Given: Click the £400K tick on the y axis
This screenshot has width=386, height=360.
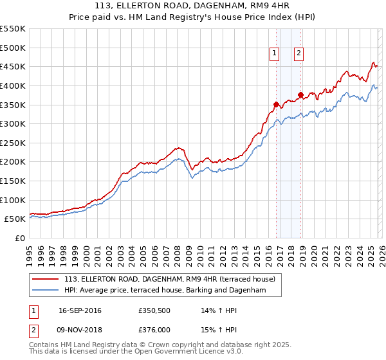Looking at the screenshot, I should pos(13,85).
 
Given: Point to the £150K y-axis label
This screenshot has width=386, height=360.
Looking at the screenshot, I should pos(13,181).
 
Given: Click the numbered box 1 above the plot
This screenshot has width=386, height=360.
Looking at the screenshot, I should pos(275,53).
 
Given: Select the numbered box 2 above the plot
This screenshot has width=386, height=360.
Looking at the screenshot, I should pos(300,53).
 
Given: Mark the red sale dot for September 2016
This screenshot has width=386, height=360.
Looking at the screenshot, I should pos(276,104).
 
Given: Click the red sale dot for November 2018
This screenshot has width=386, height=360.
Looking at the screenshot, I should pos(300,94).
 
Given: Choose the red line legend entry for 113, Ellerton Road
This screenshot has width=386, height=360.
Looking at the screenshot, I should pos(170,279).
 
